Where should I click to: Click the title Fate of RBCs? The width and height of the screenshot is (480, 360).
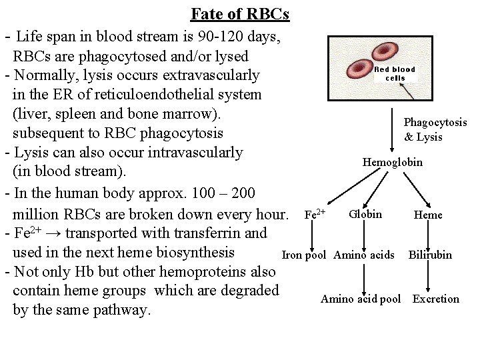coord(239,14)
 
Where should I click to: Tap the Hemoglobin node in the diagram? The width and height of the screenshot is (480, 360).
coord(392,162)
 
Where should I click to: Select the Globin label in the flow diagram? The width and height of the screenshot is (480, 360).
coord(365,214)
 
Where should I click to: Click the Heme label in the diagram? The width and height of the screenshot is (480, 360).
coord(427,215)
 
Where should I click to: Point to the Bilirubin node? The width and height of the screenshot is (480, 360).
coord(430,255)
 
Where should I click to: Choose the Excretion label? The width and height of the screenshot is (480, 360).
coord(435,299)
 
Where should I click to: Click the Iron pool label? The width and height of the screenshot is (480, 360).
coord(304,255)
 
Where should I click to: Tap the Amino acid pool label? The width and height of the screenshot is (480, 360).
coord(361,299)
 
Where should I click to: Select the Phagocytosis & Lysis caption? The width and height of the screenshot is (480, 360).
coord(435,130)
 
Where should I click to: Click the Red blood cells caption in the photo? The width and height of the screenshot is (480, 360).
coord(395,73)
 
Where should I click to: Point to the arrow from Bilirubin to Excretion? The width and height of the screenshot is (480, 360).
coord(430,277)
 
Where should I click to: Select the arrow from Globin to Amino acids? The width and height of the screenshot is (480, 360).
coord(364,235)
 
